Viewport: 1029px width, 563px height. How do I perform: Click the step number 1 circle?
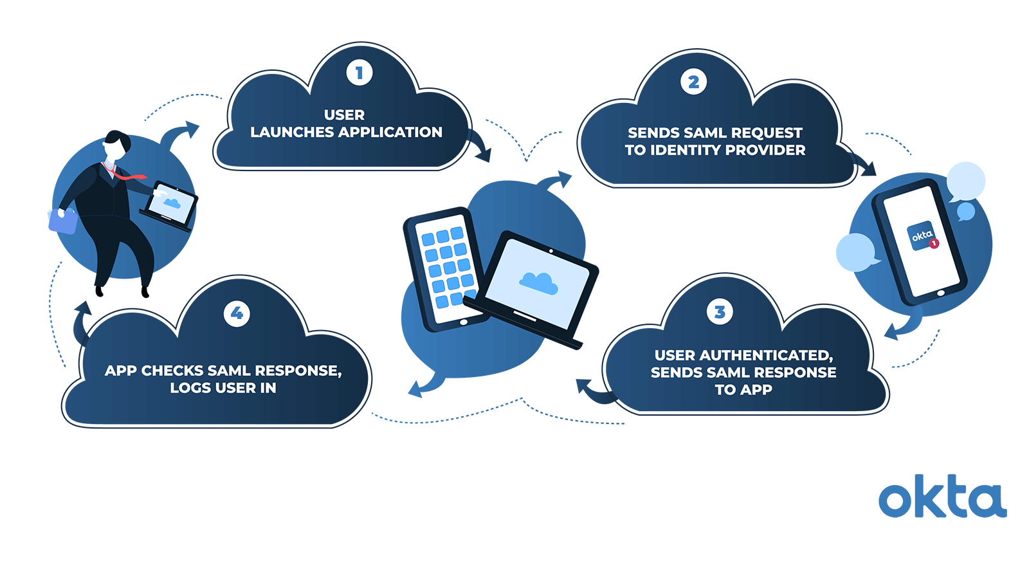[360, 73]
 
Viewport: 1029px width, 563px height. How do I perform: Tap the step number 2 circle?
[693, 82]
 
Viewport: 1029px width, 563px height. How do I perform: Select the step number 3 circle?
[720, 312]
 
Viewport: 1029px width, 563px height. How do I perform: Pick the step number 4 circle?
[237, 313]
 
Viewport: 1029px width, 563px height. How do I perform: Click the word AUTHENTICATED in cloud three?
[766, 355]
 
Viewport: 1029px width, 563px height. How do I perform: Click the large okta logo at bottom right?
[942, 497]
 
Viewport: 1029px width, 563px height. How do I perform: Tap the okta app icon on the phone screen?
[921, 236]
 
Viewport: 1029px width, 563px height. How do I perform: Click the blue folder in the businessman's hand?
[62, 221]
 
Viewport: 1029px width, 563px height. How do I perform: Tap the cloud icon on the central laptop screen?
[538, 282]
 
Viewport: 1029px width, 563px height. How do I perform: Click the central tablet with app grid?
[443, 267]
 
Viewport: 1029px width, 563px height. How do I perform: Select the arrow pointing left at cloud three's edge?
[590, 390]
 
